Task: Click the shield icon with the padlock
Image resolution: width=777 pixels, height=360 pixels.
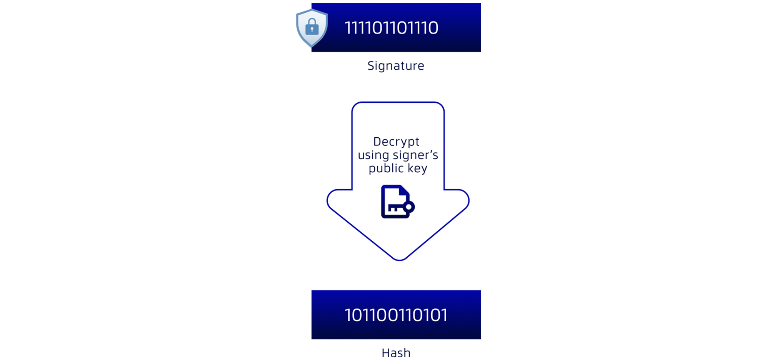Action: tap(312, 28)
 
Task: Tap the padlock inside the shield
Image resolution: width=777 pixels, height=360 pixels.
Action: tap(312, 27)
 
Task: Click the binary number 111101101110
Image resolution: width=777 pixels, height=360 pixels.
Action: tap(391, 28)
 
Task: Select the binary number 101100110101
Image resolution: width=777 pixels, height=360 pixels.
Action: tap(396, 315)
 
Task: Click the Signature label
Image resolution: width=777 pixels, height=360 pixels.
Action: tap(396, 66)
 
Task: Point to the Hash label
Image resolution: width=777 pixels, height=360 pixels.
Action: tap(396, 353)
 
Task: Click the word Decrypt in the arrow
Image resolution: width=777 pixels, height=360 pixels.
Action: tap(396, 142)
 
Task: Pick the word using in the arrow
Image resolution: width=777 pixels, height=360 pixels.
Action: tap(373, 155)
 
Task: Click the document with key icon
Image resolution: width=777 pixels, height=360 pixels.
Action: tap(396, 202)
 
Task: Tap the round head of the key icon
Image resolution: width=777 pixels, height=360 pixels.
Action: tap(409, 207)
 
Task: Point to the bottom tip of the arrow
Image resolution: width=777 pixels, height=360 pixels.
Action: tap(399, 260)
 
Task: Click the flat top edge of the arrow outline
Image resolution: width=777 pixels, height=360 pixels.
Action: tap(398, 102)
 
